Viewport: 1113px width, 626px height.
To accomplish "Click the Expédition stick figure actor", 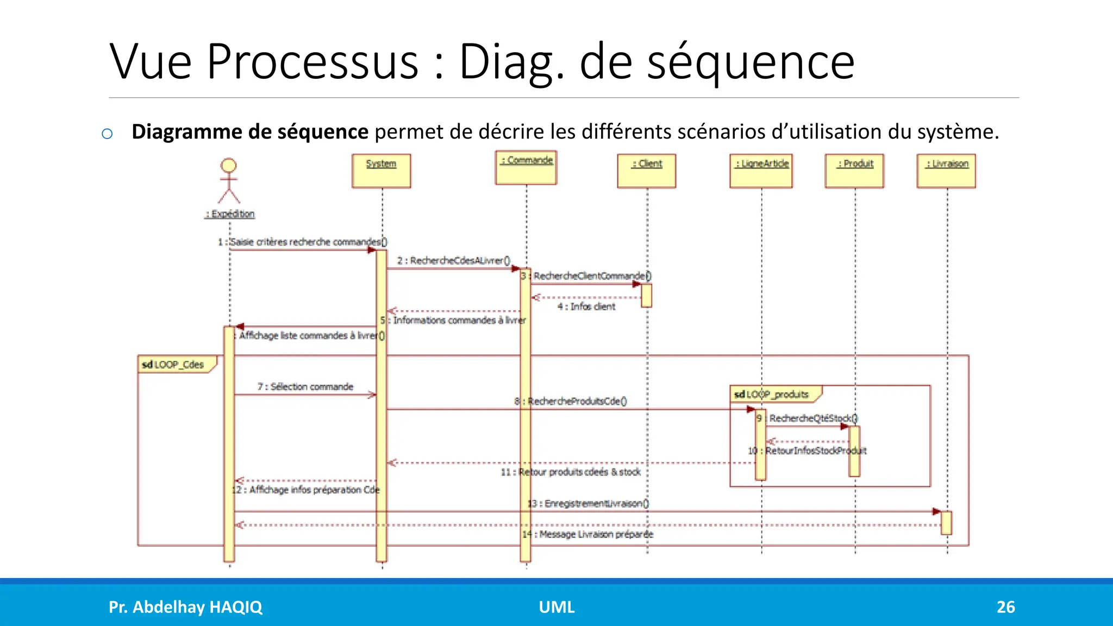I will [x=229, y=181].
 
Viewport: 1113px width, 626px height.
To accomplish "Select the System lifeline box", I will [x=381, y=171].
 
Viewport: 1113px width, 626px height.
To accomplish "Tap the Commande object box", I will [x=526, y=167].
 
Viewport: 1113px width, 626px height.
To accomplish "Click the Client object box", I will [x=646, y=171].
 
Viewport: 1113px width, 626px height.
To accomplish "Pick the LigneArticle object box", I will [x=761, y=171].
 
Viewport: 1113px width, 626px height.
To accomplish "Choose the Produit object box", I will [x=854, y=171].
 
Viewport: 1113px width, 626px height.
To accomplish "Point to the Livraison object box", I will [x=946, y=171].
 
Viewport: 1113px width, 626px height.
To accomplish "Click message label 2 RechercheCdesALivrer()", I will [x=454, y=260].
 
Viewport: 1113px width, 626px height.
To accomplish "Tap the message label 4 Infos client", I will [x=586, y=306].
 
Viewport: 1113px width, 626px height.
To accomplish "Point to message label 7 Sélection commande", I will [x=305, y=386].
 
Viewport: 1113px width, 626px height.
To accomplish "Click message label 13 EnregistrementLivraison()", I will [x=589, y=503].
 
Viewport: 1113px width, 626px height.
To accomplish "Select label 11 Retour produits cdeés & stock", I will [x=571, y=472].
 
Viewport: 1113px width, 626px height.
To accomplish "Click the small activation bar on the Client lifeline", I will [x=646, y=295].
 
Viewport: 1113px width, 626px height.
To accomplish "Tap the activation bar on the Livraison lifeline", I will [x=946, y=522].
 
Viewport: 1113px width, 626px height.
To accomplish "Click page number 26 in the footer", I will [x=1005, y=606].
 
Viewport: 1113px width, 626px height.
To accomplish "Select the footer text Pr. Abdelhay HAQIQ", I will [x=185, y=606].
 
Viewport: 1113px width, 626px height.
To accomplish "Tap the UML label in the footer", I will [x=556, y=606].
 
